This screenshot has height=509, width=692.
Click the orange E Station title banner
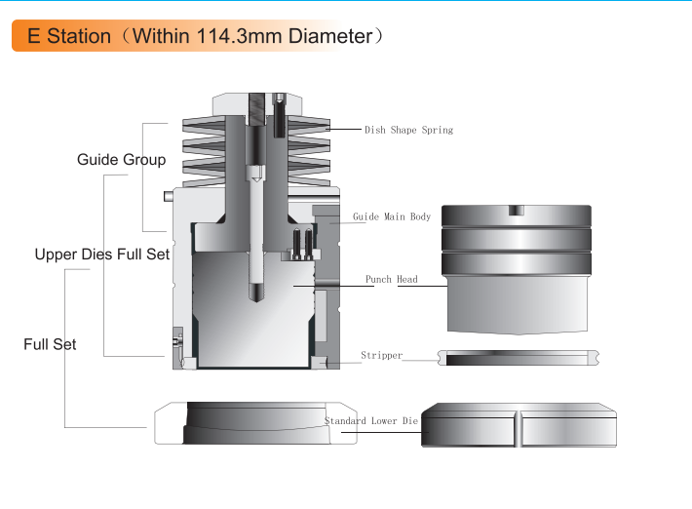tap(176, 36)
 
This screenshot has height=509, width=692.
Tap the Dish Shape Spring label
tap(408, 130)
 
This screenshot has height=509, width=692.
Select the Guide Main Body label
tap(392, 216)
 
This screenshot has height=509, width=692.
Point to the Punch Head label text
tap(392, 280)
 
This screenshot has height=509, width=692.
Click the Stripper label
tap(382, 355)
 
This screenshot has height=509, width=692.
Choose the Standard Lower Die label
tap(371, 420)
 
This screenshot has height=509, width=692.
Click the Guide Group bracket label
tap(122, 159)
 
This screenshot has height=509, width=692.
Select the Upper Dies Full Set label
tap(102, 254)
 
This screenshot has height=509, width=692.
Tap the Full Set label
tap(50, 344)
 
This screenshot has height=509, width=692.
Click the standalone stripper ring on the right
tap(519, 358)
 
